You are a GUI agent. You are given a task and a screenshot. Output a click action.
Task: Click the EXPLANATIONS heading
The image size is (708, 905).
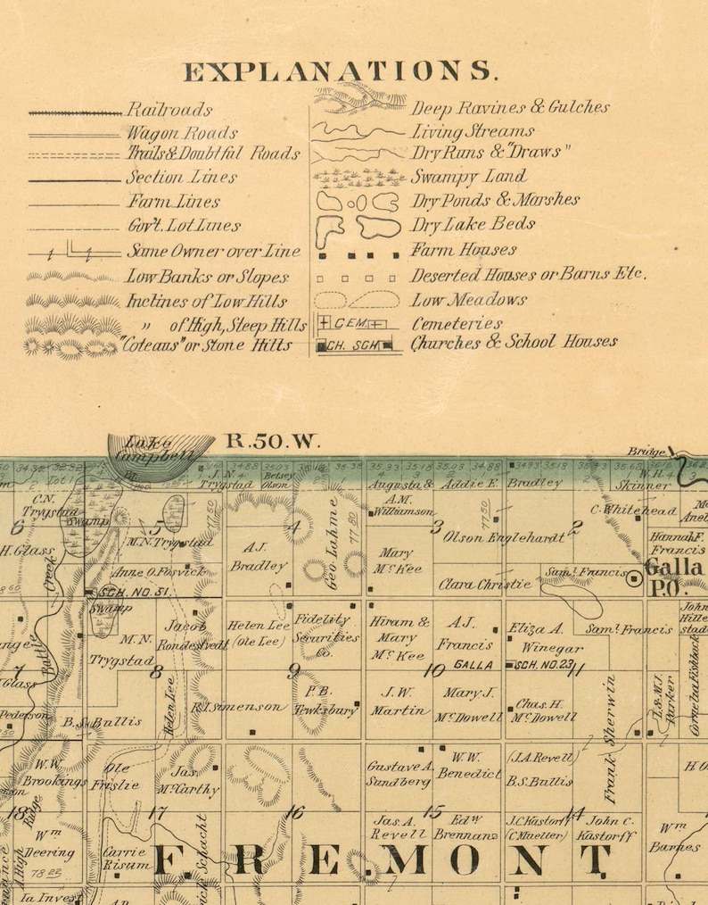[x=340, y=71]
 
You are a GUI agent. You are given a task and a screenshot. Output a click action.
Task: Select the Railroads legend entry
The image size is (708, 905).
[x=169, y=111]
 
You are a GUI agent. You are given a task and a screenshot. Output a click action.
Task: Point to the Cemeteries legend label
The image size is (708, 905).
[x=457, y=323]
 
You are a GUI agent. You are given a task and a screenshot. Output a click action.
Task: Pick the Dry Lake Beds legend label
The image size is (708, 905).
[x=473, y=224]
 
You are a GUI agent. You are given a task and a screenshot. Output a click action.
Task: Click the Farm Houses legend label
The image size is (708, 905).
[x=463, y=251]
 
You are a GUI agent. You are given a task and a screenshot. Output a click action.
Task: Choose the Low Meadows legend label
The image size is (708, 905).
[x=468, y=300]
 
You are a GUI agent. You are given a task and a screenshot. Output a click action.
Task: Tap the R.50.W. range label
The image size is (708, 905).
[x=259, y=440]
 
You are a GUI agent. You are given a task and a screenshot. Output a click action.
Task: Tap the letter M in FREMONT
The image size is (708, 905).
[x=408, y=860]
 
